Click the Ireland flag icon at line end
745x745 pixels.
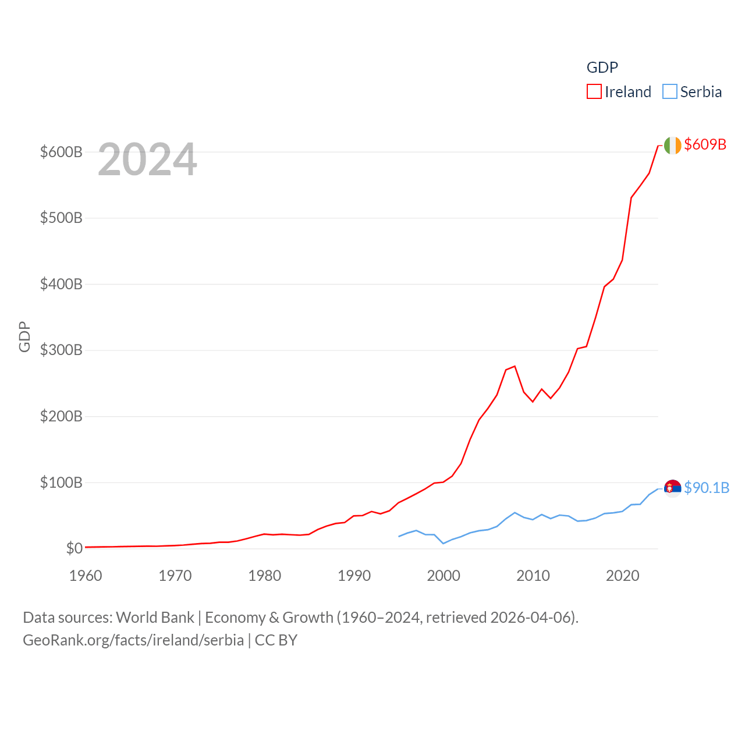pos(672,146)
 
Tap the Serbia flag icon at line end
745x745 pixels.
pos(672,488)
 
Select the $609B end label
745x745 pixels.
pos(705,144)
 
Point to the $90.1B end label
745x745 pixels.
pos(706,488)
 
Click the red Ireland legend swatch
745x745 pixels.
pos(594,92)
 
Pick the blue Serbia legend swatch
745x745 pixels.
pos(670,92)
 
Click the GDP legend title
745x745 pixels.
pos(602,68)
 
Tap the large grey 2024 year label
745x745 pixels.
pos(147,159)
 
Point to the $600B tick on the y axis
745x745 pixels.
pos(61,152)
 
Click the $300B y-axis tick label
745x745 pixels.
pos(61,350)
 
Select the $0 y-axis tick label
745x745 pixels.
pos(74,548)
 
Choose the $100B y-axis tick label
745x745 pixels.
pos(61,483)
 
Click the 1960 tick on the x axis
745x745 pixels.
pos(86,576)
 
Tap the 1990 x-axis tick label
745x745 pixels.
pos(354,576)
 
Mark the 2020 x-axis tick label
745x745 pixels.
pos(622,576)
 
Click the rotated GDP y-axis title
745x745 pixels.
pos(24,336)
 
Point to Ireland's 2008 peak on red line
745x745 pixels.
pos(515,366)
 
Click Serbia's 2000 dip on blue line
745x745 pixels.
pos(444,543)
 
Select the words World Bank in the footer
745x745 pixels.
pos(155,618)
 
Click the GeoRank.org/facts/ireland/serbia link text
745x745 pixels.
pos(133,640)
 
